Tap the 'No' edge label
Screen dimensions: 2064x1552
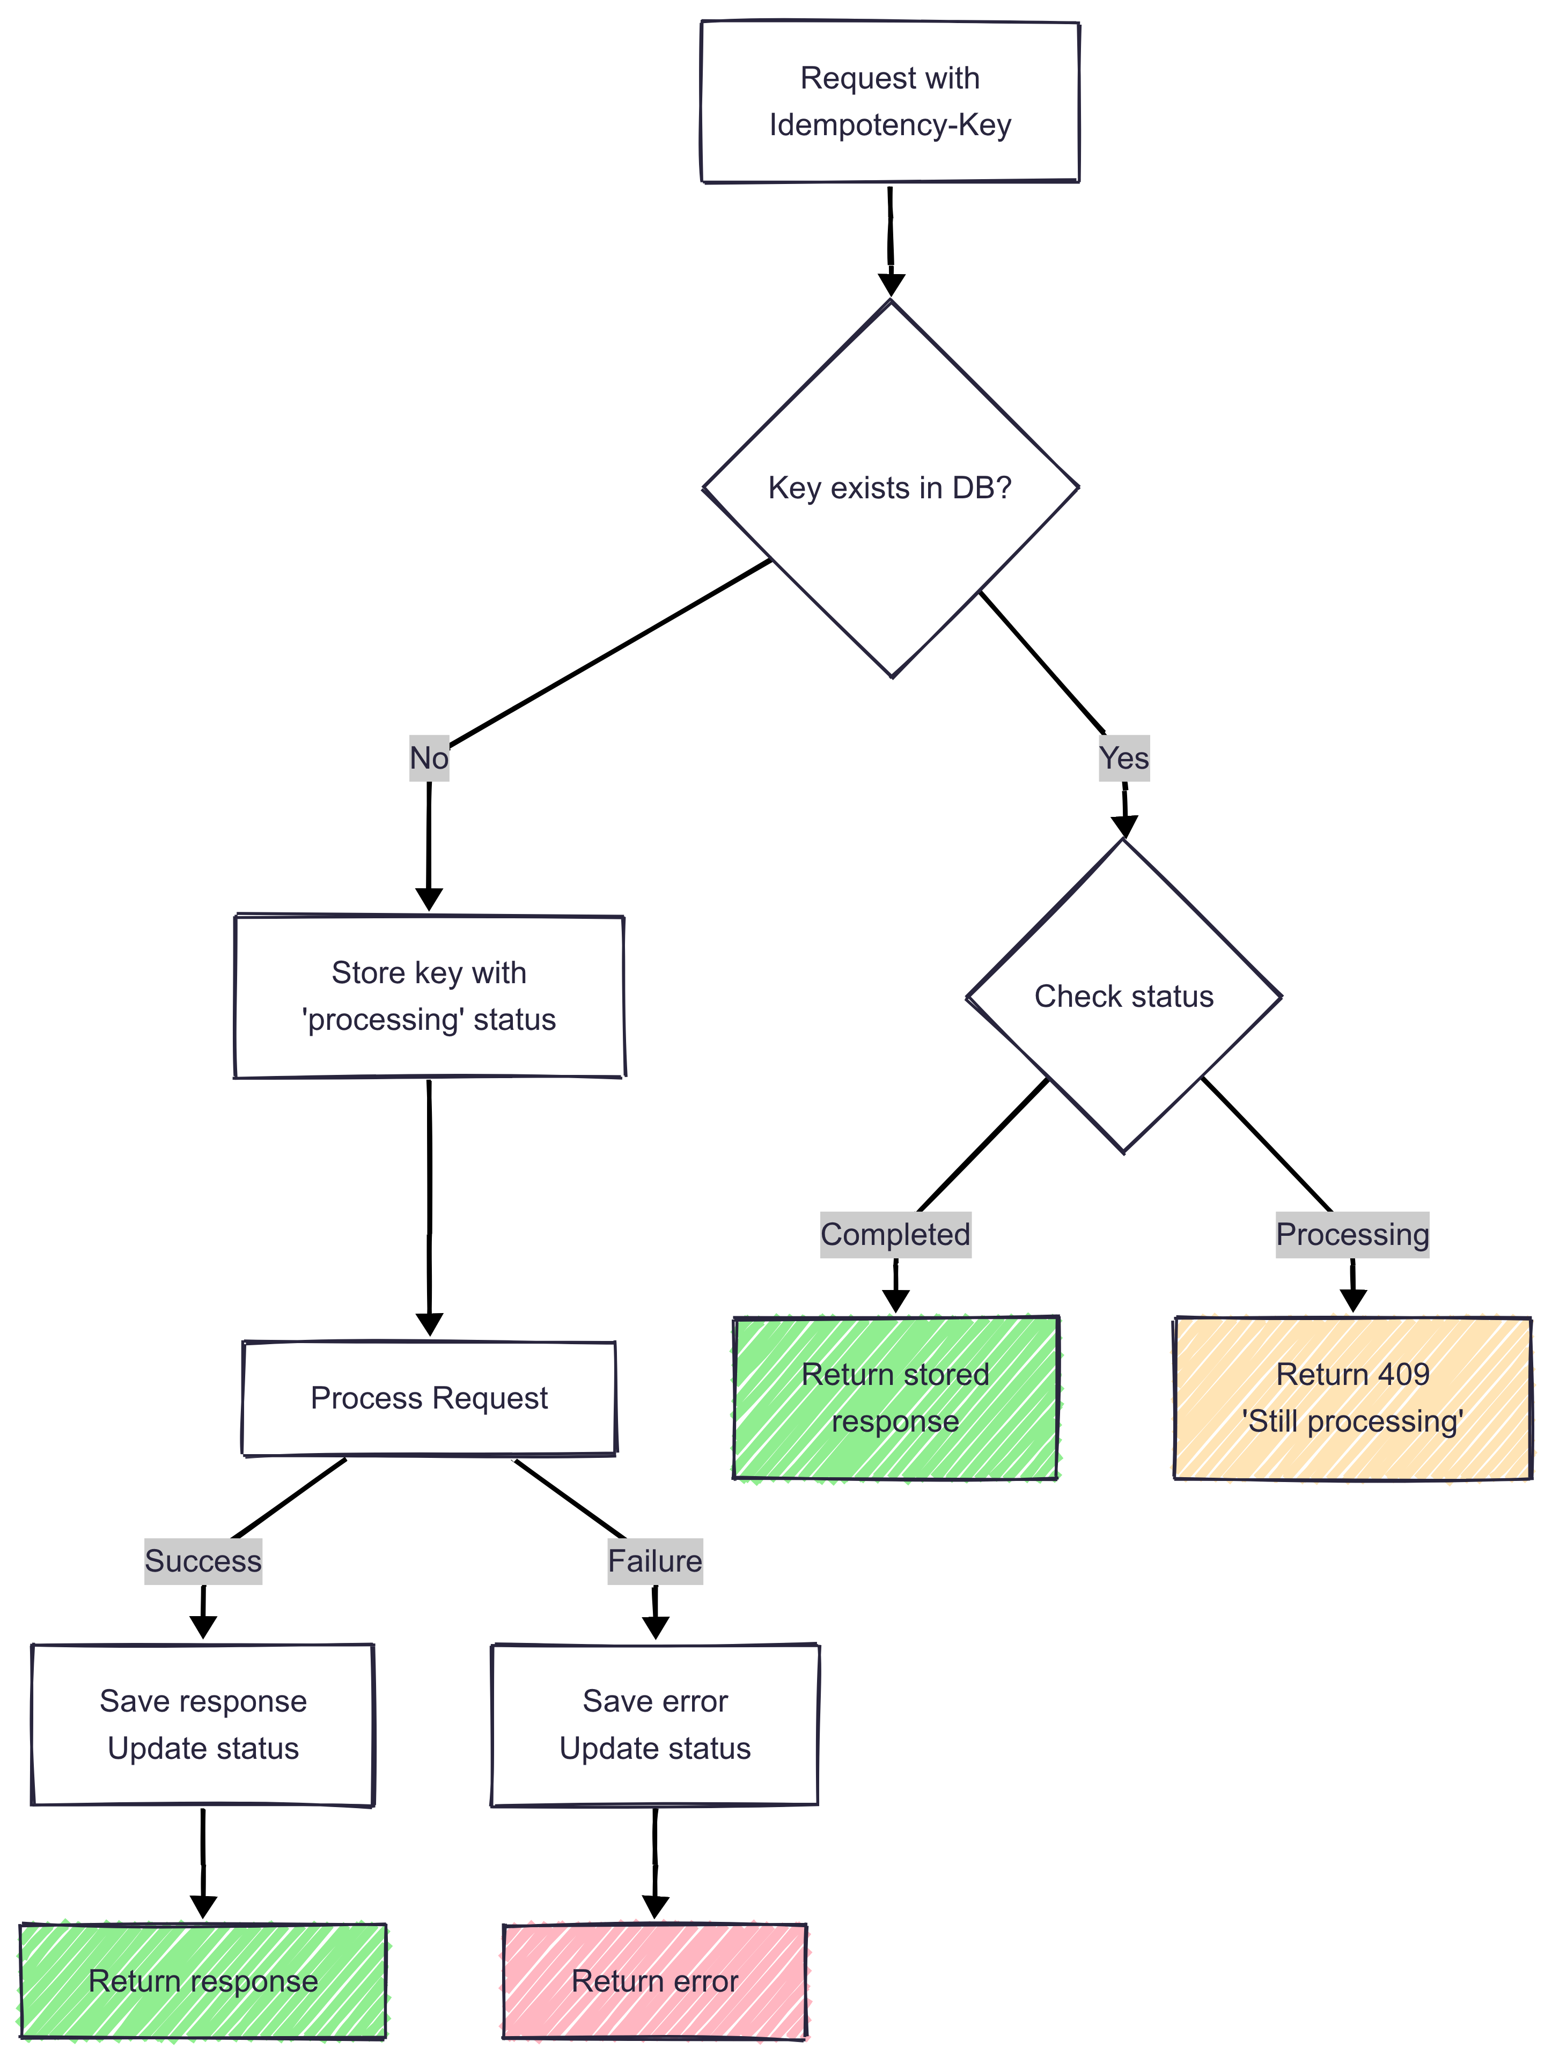pyautogui.click(x=429, y=758)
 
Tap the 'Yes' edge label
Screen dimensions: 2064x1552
pyautogui.click(x=1124, y=758)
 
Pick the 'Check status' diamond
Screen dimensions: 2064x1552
pyautogui.click(x=1124, y=997)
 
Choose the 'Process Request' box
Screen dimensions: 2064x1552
pyautogui.click(x=429, y=1398)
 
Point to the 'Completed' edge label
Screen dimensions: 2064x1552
pyautogui.click(x=895, y=1234)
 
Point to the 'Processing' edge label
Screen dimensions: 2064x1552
pyautogui.click(x=1352, y=1234)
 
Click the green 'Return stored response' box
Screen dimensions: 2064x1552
pyautogui.click(x=895, y=1398)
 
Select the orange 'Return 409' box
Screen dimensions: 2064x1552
pyautogui.click(x=1352, y=1398)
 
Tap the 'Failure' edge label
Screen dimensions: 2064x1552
pyautogui.click(x=655, y=1561)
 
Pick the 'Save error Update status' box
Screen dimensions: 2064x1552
pyautogui.click(x=655, y=1724)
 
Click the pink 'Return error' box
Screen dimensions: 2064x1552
pyautogui.click(x=655, y=1981)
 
